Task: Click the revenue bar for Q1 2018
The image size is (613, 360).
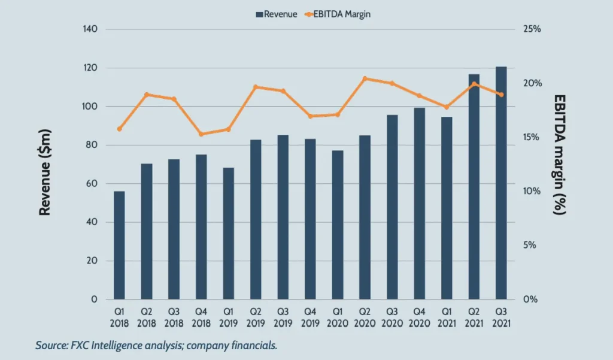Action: (x=119, y=246)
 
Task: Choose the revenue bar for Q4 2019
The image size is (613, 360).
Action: (x=310, y=219)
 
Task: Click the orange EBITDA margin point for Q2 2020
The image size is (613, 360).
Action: (x=365, y=78)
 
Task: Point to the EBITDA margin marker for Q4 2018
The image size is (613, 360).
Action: (x=201, y=134)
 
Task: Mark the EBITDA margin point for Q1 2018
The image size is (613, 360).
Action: (x=119, y=129)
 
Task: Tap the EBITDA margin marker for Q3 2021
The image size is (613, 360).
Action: (x=501, y=95)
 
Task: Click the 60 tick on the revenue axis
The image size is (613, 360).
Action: (x=93, y=184)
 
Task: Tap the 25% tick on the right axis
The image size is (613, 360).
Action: (x=532, y=29)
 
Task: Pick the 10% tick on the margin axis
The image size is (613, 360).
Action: (x=532, y=191)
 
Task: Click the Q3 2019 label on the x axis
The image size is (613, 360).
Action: (x=283, y=317)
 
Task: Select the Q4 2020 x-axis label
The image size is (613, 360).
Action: (x=419, y=317)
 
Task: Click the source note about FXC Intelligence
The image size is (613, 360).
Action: (x=157, y=346)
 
